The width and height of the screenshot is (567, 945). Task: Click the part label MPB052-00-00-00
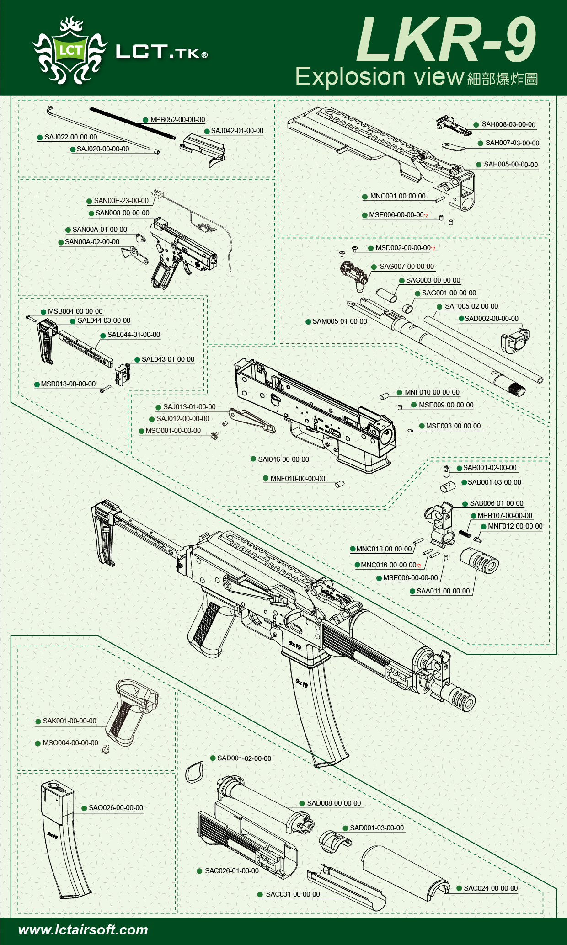177,120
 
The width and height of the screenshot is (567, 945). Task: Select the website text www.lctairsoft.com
83,929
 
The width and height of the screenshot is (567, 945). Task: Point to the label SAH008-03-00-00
508,124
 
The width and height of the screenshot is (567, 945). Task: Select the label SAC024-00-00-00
491,888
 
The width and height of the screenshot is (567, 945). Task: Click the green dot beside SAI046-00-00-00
253,459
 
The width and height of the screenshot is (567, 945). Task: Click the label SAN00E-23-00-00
121,201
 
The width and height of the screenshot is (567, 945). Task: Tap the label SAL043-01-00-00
168,359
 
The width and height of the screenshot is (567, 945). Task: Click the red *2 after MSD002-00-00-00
433,249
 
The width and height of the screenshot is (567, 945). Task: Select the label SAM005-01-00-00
340,321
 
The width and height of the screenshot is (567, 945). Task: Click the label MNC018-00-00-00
384,549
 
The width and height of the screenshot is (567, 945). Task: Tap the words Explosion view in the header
380,77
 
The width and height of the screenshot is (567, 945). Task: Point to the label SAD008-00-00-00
334,803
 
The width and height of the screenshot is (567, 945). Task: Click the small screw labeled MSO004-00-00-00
106,748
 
